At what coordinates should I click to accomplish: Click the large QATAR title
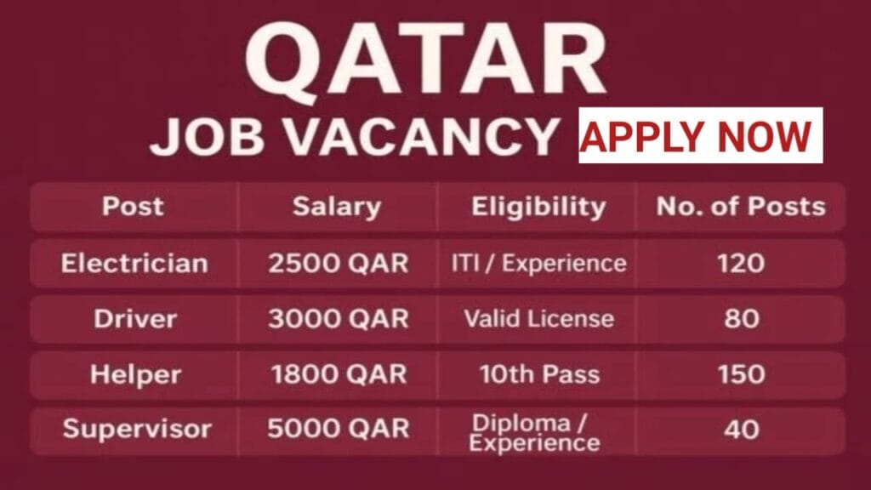pyautogui.click(x=424, y=57)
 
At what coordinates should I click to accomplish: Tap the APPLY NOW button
pyautogui.click(x=700, y=136)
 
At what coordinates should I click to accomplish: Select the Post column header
pyautogui.click(x=133, y=206)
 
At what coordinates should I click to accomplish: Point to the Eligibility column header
pyautogui.click(x=539, y=206)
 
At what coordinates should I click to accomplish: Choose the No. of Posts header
pyautogui.click(x=740, y=206)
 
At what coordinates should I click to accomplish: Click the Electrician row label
pyautogui.click(x=134, y=263)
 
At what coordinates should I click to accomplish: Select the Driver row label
pyautogui.click(x=135, y=319)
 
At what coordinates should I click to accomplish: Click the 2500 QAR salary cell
pyautogui.click(x=339, y=263)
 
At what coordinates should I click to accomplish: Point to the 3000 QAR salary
pyautogui.click(x=339, y=319)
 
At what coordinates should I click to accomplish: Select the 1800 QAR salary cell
pyautogui.click(x=339, y=373)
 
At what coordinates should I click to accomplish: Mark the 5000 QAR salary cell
pyautogui.click(x=339, y=429)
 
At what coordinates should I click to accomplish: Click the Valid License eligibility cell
pyautogui.click(x=538, y=319)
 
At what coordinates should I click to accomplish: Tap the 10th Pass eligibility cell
pyautogui.click(x=538, y=373)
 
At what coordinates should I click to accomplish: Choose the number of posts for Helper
pyautogui.click(x=740, y=373)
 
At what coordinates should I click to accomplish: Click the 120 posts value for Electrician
pyautogui.click(x=740, y=263)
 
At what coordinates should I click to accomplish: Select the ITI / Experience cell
pyautogui.click(x=538, y=263)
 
